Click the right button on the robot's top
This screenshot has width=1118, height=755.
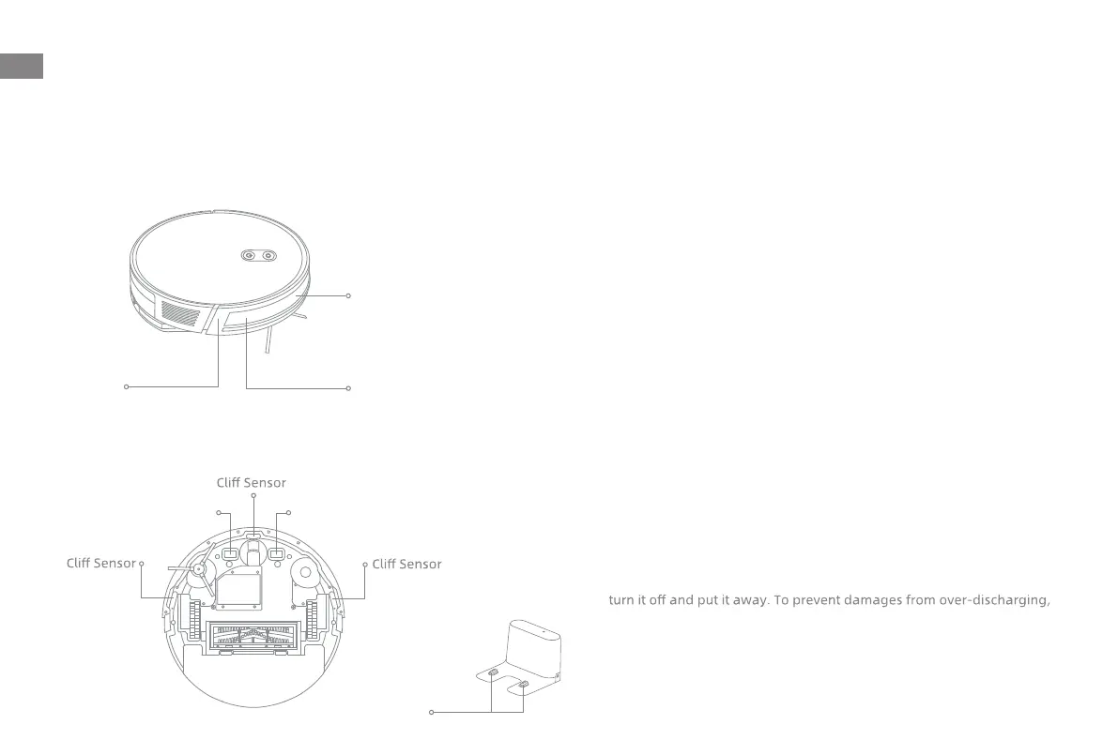268,254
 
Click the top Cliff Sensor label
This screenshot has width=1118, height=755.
251,483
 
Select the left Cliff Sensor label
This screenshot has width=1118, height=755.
101,564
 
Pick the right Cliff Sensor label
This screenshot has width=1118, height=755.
406,564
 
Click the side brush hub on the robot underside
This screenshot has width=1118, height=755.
199,567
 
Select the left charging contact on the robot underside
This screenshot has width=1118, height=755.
230,554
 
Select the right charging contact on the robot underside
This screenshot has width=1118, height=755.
276,554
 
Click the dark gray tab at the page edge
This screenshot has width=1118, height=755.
22,66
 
